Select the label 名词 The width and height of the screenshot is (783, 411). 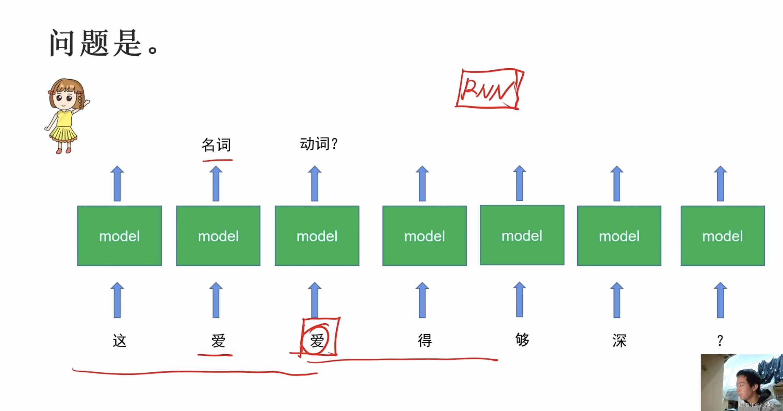(216, 145)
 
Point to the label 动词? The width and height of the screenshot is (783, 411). (319, 144)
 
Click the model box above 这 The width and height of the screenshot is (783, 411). (119, 236)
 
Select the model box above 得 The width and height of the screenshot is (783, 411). (424, 236)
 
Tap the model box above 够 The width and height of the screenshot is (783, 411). (522, 235)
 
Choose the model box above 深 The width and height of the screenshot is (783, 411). (619, 236)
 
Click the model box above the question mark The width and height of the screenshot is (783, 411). (722, 236)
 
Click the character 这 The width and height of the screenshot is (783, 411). (119, 341)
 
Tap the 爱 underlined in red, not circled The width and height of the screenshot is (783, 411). (218, 341)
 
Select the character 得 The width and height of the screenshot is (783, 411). (424, 341)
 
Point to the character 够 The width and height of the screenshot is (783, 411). (522, 340)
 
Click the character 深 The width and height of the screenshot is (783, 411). (619, 341)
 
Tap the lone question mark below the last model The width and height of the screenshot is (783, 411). (720, 341)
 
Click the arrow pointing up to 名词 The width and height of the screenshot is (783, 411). (216, 183)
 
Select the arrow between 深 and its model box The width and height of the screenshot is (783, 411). (617, 300)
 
